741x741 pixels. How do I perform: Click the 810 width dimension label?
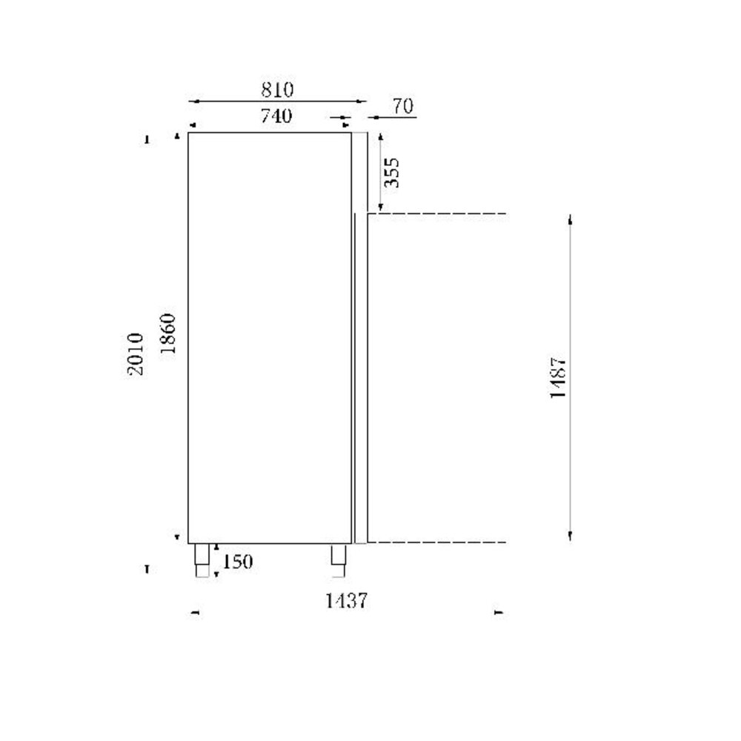click(x=277, y=90)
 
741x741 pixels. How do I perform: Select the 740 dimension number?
click(x=276, y=116)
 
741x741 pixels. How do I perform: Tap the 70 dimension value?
click(x=402, y=107)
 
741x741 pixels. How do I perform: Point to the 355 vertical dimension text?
click(x=392, y=172)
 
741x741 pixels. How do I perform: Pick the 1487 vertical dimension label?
click(x=559, y=378)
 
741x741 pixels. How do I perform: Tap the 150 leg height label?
click(x=238, y=562)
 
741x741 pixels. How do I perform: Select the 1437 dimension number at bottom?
click(x=346, y=601)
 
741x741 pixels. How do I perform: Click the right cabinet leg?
click(x=339, y=559)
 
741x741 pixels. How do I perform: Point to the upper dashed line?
click(x=437, y=214)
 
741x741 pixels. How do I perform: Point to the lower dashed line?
click(x=437, y=542)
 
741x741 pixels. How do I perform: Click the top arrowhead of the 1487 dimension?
click(x=570, y=220)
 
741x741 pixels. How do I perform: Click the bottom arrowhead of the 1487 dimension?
click(x=570, y=536)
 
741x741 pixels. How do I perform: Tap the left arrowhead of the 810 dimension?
click(x=193, y=102)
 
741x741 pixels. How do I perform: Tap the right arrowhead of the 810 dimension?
click(x=362, y=102)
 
